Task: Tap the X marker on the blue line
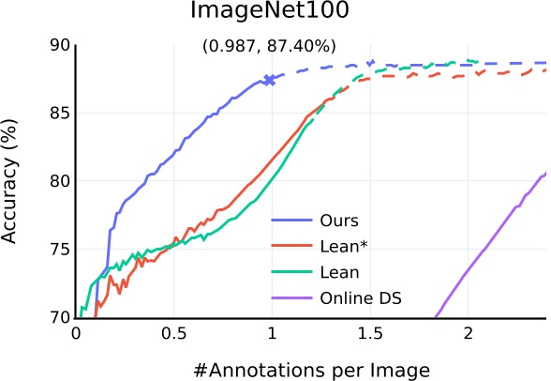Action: [x=270, y=81]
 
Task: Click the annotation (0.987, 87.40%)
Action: [x=270, y=46]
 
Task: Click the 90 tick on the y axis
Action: [x=59, y=45]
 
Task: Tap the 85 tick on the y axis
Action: [x=59, y=114]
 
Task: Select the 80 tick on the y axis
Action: [x=59, y=181]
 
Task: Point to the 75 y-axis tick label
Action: [x=59, y=250]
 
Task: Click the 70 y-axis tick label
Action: [x=59, y=317]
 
